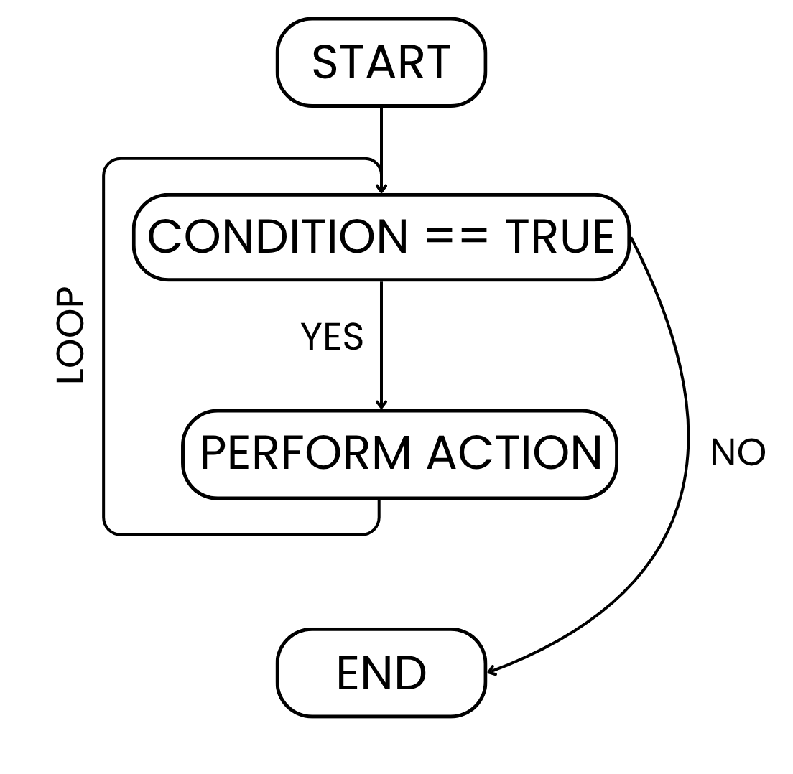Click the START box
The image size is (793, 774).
pyautogui.click(x=381, y=62)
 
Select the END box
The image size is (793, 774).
pyautogui.click(x=381, y=673)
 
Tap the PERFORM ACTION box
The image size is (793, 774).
pyautogui.click(x=399, y=454)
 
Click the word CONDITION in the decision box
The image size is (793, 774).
pyautogui.click(x=277, y=236)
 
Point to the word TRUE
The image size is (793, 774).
pyautogui.click(x=560, y=236)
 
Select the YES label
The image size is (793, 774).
pyautogui.click(x=331, y=337)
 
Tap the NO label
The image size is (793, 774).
pyautogui.click(x=738, y=453)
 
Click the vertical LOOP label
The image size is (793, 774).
pyautogui.click(x=70, y=335)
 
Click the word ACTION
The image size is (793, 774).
pyautogui.click(x=514, y=454)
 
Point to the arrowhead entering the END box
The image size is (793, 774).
pyautogui.click(x=491, y=671)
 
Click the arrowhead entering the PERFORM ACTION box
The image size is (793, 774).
pyautogui.click(x=381, y=405)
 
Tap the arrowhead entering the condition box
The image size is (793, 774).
pyautogui.click(x=381, y=190)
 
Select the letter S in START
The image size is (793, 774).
pyautogui.click(x=325, y=62)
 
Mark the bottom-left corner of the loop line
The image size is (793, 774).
pyautogui.click(x=106, y=532)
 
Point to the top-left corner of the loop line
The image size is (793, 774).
pyautogui.click(x=106, y=161)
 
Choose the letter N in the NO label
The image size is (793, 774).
pyautogui.click(x=723, y=453)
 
